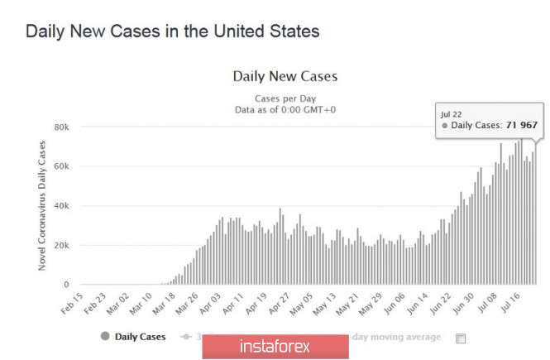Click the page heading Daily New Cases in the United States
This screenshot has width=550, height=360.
(172, 31)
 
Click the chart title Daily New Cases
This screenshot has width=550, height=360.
(285, 77)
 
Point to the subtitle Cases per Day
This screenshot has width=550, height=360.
(285, 97)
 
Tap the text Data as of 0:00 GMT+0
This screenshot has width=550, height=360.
(285, 108)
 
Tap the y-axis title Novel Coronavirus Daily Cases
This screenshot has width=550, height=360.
(42, 205)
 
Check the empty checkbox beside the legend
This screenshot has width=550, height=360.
(461, 338)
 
